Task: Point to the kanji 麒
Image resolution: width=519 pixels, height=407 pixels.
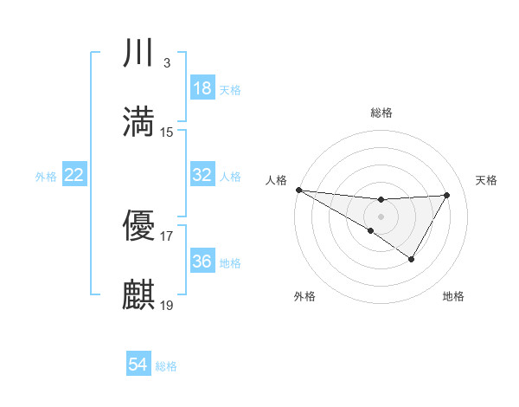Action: coord(139,294)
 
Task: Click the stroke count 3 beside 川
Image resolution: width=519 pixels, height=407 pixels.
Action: coord(166,63)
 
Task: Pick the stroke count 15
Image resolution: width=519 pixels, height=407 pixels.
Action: coord(167,132)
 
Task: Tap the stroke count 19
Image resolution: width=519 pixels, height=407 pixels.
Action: coord(167,304)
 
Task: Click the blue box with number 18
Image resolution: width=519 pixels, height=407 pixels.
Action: coord(202,88)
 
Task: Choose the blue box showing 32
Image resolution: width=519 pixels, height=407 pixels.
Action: coord(202,175)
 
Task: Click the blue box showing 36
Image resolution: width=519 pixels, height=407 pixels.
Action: coord(202,262)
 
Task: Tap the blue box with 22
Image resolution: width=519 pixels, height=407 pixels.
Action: coord(74,176)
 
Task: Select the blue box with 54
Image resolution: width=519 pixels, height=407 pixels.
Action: coord(138,365)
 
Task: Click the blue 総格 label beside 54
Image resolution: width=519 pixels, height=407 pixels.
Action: coord(166,366)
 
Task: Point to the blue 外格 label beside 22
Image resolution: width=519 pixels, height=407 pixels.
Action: coord(46,177)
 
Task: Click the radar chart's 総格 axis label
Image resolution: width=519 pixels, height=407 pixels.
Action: coord(381,113)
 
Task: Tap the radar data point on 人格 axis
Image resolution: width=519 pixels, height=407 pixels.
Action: coord(298,190)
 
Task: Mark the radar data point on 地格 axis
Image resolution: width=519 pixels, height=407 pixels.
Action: coord(412,259)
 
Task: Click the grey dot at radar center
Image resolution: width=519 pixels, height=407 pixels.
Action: coord(381,216)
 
